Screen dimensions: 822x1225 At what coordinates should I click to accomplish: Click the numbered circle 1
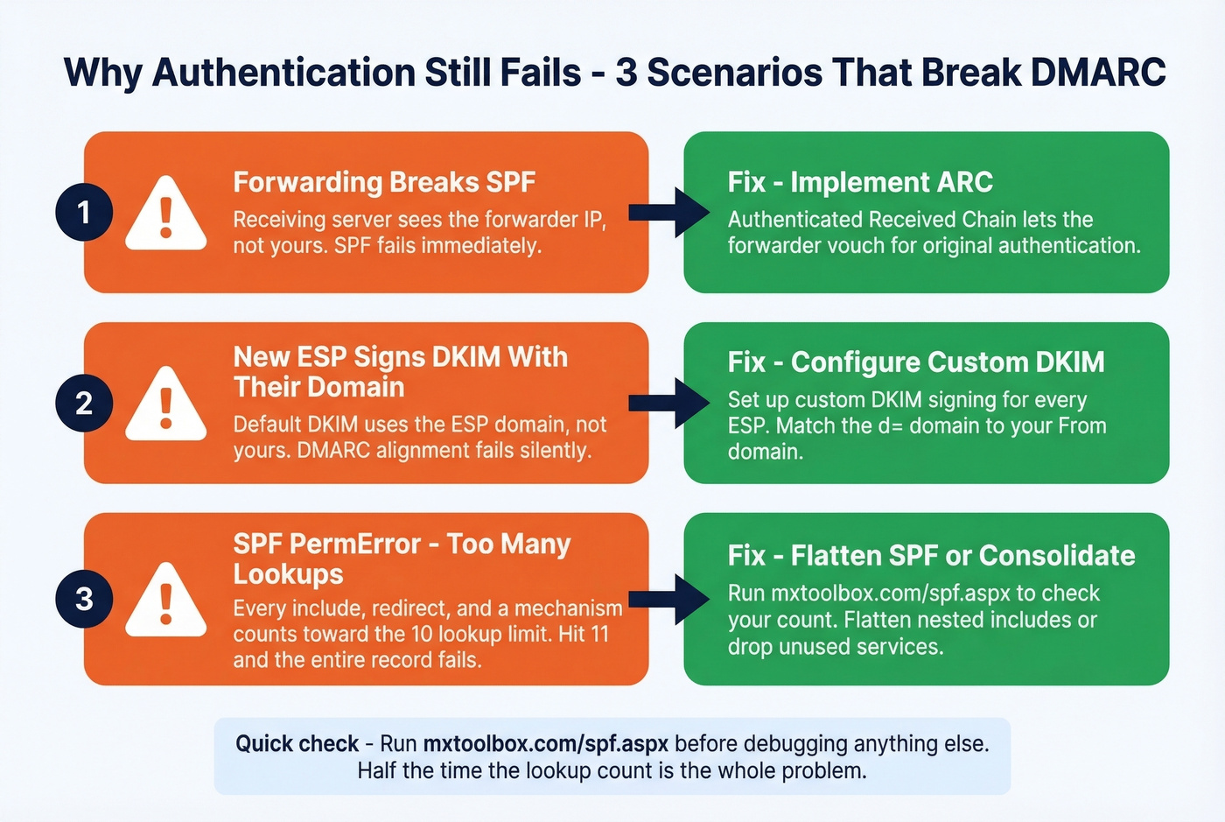(84, 212)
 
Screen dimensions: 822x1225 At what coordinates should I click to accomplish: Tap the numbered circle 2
(84, 403)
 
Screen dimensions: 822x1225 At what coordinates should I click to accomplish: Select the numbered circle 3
(84, 599)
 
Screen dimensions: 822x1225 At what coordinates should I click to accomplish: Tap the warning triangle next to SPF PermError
(166, 603)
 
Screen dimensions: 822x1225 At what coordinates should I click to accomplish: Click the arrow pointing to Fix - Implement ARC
(669, 212)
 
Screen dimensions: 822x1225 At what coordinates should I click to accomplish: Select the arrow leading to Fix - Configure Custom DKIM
(669, 403)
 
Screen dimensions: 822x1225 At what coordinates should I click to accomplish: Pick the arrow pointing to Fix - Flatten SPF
(669, 599)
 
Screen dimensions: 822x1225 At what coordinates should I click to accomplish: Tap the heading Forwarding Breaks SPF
(384, 182)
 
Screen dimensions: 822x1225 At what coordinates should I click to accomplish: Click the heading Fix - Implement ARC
(860, 182)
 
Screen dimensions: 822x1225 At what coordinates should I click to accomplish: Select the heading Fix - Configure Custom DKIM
(916, 362)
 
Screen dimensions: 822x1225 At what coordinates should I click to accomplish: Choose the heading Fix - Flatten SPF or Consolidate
(931, 556)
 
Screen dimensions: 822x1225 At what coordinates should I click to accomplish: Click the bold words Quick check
(297, 744)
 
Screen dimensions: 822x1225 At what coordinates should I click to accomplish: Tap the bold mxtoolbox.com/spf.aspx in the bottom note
(545, 744)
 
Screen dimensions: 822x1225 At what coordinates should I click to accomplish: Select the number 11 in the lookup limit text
(599, 634)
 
